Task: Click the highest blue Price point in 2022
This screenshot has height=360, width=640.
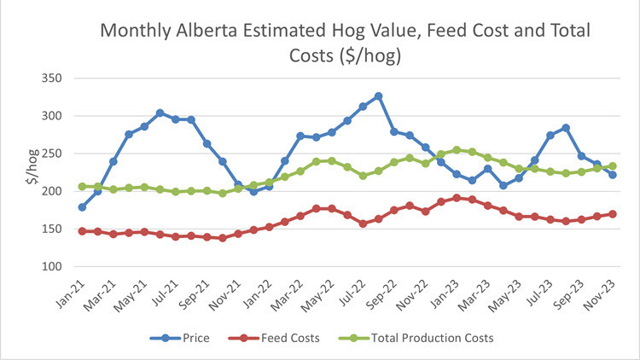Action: [379, 96]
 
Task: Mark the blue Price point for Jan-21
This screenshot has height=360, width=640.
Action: [82, 207]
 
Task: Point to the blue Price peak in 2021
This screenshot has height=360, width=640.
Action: [160, 113]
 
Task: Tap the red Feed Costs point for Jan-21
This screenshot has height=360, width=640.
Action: [82, 231]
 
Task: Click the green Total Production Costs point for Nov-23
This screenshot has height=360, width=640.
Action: [613, 166]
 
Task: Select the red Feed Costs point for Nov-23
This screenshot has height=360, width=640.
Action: [613, 214]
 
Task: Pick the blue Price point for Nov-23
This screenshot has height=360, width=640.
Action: [613, 175]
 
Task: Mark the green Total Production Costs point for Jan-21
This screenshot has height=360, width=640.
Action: [82, 186]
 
